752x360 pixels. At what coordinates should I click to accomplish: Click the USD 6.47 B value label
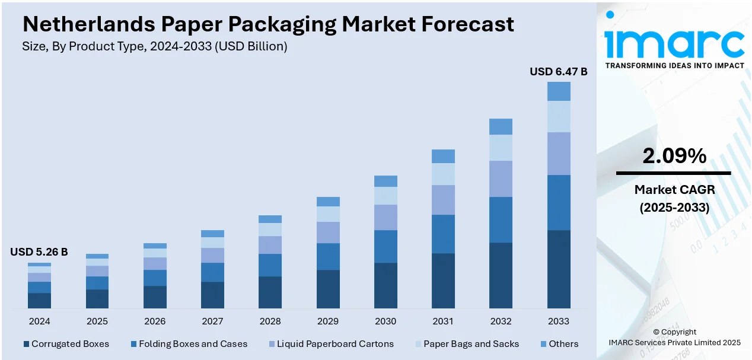point(558,72)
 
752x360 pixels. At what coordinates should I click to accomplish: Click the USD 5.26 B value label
point(39,252)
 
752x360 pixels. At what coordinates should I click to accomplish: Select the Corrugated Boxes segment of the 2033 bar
point(559,269)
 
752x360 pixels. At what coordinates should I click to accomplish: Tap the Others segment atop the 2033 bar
point(559,91)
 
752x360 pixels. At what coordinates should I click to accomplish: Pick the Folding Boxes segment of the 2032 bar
point(501,219)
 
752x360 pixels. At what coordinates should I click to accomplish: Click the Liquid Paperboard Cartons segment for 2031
point(443,200)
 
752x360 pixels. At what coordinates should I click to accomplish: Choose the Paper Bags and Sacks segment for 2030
point(385,196)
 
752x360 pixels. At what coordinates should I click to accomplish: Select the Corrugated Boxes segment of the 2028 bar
point(270,292)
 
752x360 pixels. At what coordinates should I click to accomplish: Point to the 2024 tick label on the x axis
point(39,321)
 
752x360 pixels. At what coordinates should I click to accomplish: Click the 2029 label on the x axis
point(328,321)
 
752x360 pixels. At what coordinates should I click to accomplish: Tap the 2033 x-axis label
point(559,321)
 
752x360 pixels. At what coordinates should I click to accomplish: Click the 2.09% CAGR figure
point(674,156)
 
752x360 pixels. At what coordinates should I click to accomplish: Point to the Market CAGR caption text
point(674,190)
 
